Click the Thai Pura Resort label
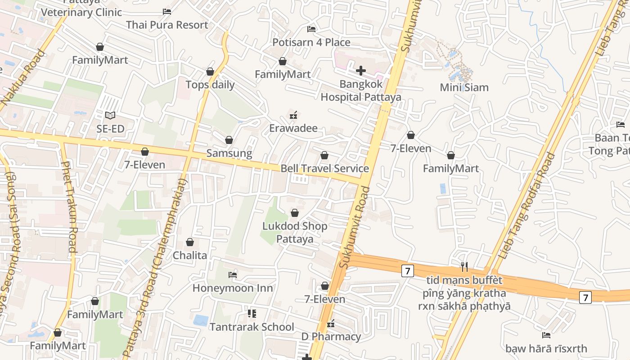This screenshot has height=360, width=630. coord(167,25)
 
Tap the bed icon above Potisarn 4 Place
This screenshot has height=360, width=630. coord(311,29)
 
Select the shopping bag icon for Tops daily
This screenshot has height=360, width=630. coord(210,72)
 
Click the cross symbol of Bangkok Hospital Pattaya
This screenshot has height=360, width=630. coord(360,71)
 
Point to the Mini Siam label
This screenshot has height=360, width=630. coord(464,87)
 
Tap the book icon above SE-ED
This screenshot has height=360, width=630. coord(110,116)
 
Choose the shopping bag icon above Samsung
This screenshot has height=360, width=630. coord(229,140)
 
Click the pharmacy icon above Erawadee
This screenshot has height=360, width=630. coord(293,115)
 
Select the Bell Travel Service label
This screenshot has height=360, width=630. coord(324,169)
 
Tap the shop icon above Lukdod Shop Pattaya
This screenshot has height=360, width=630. coord(295,213)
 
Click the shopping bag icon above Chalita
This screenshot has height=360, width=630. coord(190,242)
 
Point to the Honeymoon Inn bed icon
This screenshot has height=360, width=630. coord(233,274)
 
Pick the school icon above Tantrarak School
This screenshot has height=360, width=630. coord(252,313)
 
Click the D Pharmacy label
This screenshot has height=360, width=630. coord(331,337)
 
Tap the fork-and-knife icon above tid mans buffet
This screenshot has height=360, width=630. coord(464,267)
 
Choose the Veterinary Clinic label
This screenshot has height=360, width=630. coord(81,12)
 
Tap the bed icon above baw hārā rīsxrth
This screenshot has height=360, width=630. coord(546,335)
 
